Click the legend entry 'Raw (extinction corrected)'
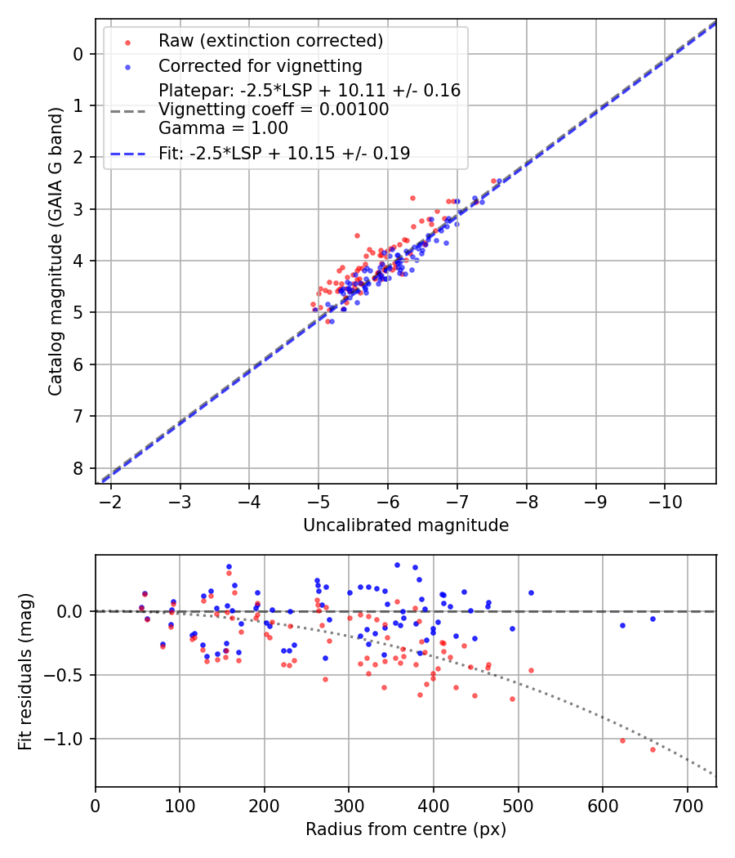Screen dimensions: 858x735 (270, 41)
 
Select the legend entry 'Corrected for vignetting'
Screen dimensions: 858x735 (260, 65)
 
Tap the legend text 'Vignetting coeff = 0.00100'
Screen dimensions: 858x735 (274, 109)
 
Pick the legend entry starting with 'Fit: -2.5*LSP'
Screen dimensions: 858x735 (283, 153)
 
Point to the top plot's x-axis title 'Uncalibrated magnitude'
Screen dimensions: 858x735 (406, 525)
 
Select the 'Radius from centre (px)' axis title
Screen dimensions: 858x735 (406, 829)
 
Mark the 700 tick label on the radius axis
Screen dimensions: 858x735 (687, 805)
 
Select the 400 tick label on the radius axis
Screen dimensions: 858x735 (434, 805)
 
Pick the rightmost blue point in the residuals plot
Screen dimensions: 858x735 (653, 619)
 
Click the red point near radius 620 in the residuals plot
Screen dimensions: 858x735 (622, 740)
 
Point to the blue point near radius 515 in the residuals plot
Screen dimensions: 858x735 (531, 592)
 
